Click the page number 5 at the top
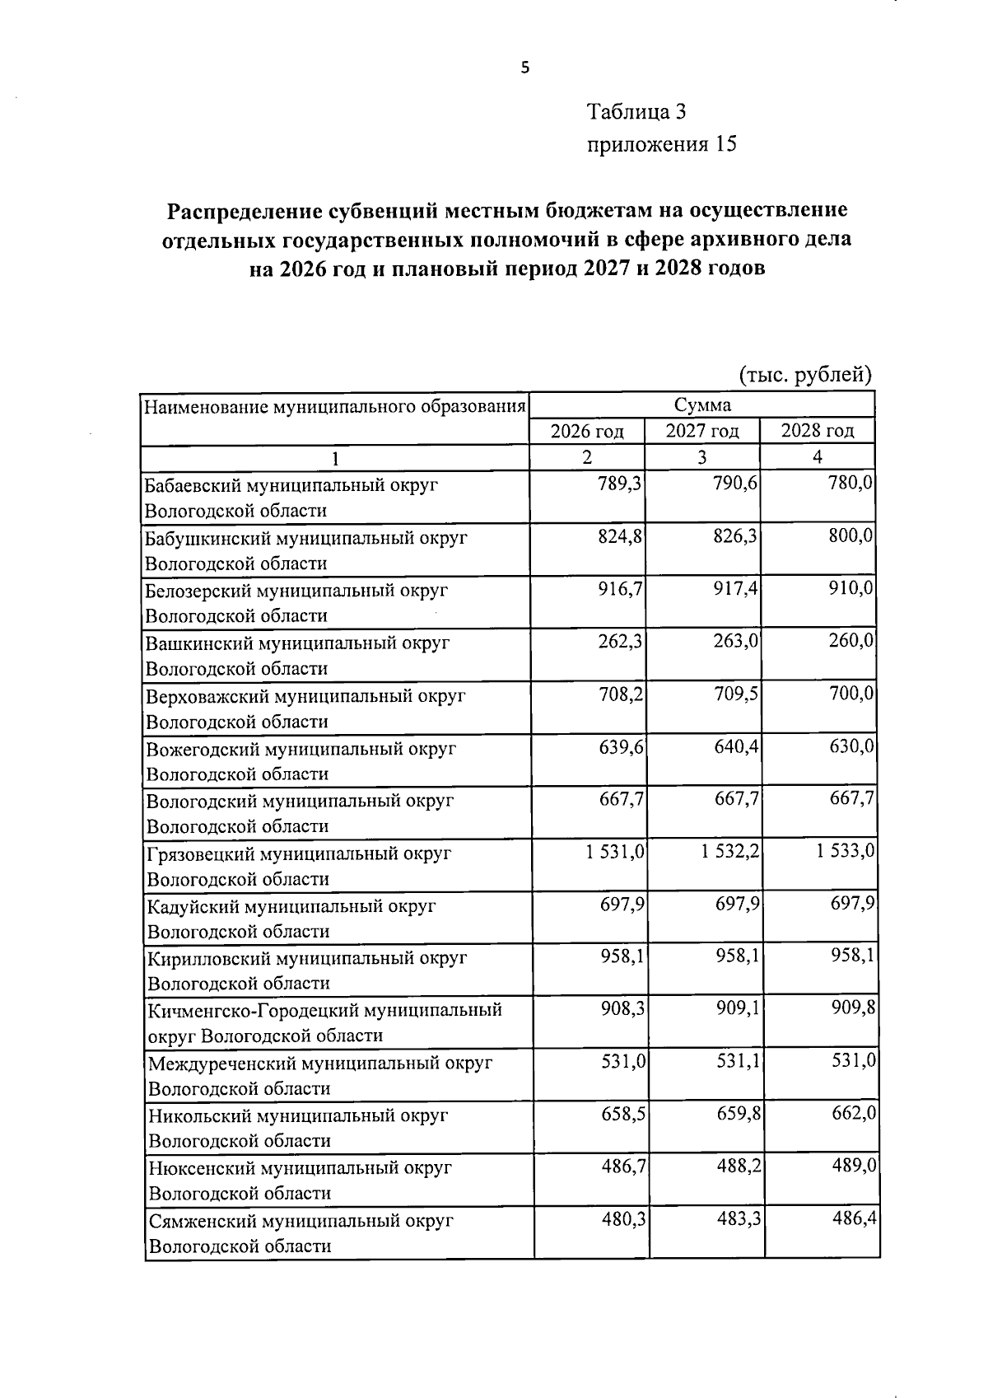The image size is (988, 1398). coord(525,68)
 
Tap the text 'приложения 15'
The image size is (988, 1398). coord(660,145)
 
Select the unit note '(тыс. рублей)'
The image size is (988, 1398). coord(804,375)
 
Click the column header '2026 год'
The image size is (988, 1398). coord(586,431)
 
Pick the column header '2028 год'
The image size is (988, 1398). coord(817,431)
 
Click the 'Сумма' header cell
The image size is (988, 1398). coord(701,405)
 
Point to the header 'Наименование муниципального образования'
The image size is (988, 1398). coord(335,406)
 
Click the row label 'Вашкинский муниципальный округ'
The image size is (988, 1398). coord(297,643)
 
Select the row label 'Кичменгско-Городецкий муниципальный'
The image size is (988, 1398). coord(324,1010)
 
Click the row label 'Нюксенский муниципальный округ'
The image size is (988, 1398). coord(300,1167)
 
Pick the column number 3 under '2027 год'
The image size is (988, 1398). coord(701,458)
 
